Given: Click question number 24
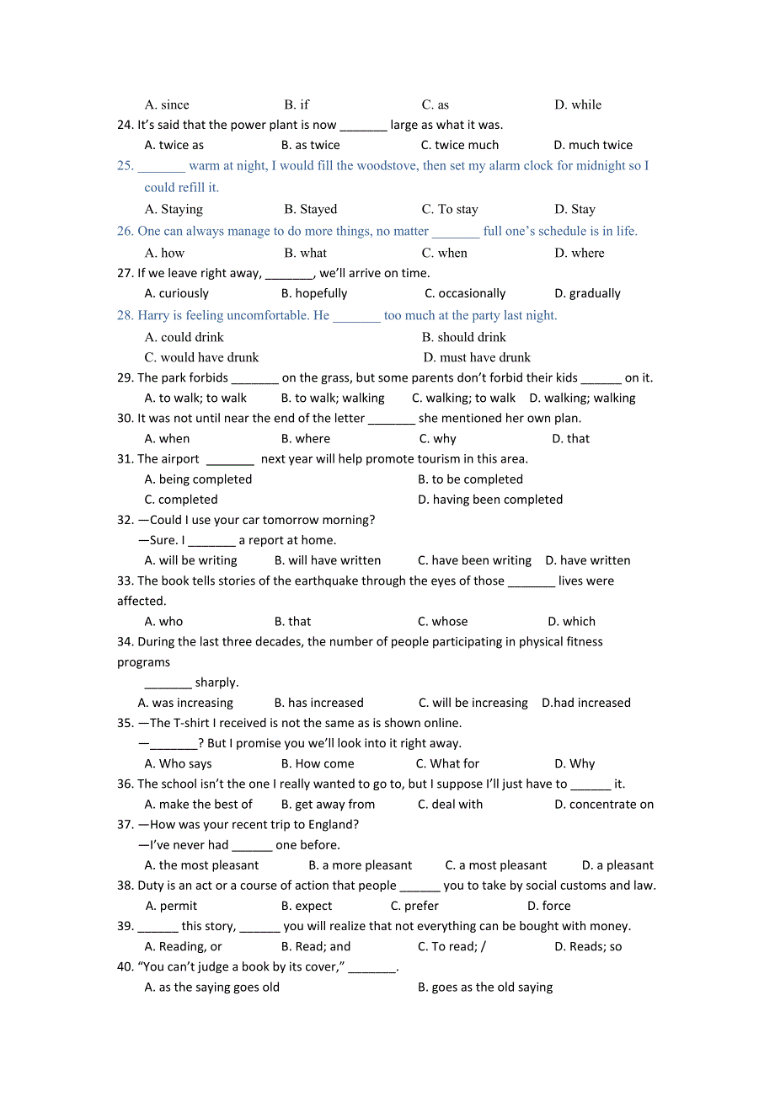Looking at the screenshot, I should point(126,125).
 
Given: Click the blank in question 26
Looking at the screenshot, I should point(456,232).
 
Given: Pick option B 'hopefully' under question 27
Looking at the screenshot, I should point(314,293).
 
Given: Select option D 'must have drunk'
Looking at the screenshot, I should point(477,357).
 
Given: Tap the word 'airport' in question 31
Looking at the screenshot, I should point(179,459).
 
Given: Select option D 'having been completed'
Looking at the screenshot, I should point(490,500).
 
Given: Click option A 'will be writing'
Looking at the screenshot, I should point(191,560).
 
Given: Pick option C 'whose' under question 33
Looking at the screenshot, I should point(442,622).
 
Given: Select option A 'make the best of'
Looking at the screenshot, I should point(199,805).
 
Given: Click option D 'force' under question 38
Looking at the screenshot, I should point(548,906).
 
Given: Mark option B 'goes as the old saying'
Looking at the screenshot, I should point(485,987).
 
